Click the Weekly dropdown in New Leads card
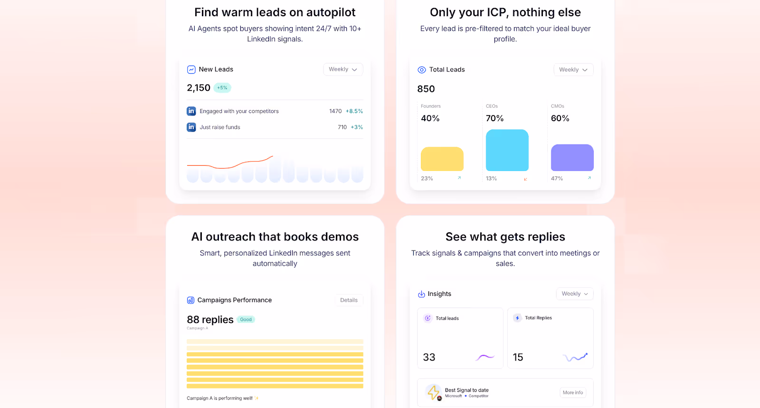point(343,69)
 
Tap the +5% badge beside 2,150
point(222,88)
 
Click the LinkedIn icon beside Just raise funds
point(191,127)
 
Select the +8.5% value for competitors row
point(354,111)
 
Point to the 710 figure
point(342,127)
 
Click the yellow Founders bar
point(442,159)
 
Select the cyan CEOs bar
point(507,150)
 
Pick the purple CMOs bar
point(572,158)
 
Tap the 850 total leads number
point(426,89)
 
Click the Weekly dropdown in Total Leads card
point(573,70)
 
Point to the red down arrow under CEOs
point(525,179)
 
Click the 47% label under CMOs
point(557,179)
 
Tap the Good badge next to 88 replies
point(246,320)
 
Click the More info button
point(572,393)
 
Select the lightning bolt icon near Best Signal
point(433,392)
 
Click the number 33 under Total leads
point(429,357)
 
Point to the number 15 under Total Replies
point(518,357)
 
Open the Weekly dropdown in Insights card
point(574,294)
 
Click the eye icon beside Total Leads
point(421,70)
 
